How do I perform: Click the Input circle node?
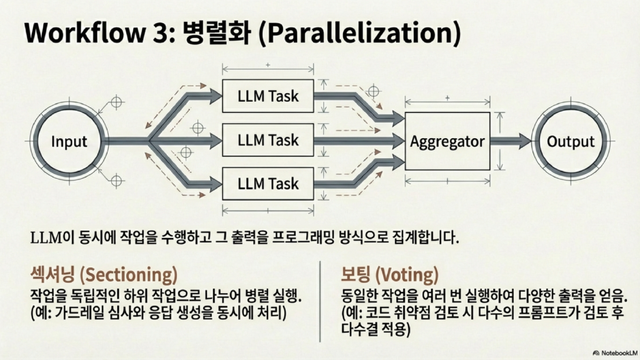click(x=69, y=141)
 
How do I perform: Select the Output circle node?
click(x=571, y=141)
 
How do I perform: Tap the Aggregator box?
click(x=447, y=141)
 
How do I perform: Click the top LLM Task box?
click(x=267, y=96)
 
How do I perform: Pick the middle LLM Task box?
click(x=267, y=141)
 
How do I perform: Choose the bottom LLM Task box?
click(x=267, y=184)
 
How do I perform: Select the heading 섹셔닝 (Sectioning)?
click(x=104, y=274)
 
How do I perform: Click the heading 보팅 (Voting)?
click(x=390, y=274)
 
